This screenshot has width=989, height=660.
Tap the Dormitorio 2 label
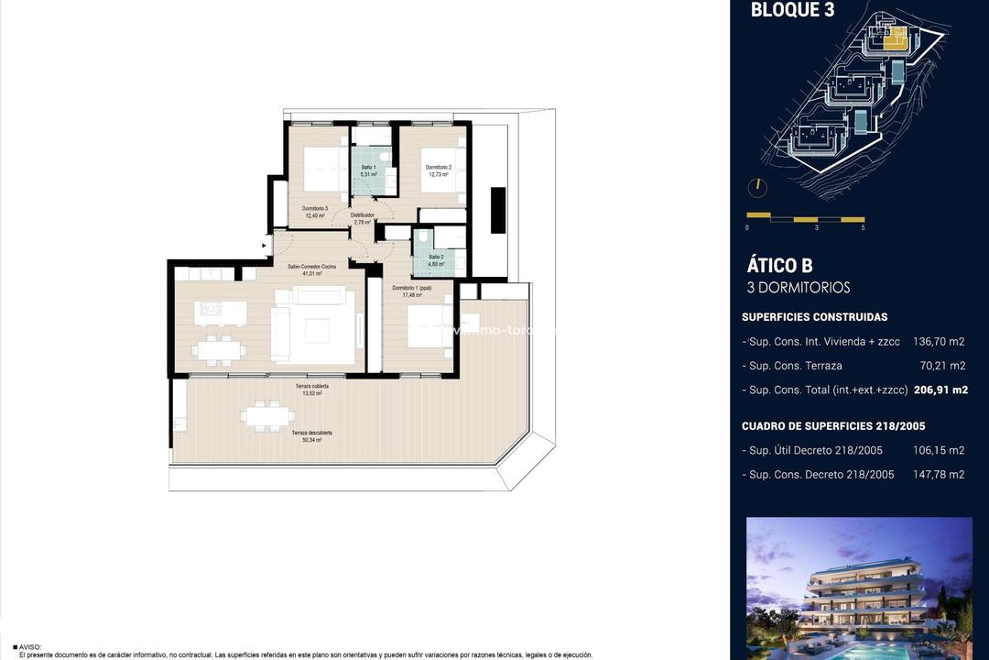pos(438,170)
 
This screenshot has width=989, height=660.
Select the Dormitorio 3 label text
pos(315,213)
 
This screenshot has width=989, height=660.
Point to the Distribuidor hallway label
pos(362,218)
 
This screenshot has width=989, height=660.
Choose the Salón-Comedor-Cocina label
pos(311,269)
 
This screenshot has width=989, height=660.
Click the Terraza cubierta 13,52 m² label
pos(311,390)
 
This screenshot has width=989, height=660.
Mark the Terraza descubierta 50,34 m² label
pos(311,435)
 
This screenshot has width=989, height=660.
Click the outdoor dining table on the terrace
pos(267,415)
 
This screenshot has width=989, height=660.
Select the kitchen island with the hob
pos(220,312)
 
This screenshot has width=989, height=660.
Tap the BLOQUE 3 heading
pos(792,11)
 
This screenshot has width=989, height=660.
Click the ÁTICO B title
pos(779,266)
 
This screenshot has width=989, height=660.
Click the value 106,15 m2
pos(939,450)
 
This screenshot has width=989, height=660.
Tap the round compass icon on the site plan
pos(757,187)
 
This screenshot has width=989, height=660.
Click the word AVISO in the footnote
pos(29,646)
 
